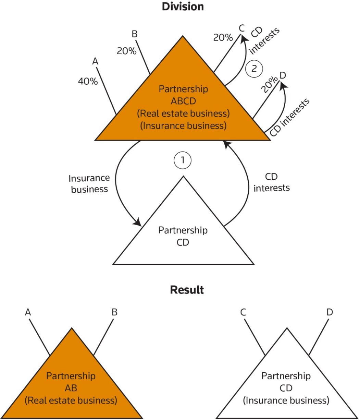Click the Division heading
183,6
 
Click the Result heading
187,290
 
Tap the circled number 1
183,160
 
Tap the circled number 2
253,68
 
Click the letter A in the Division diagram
95,61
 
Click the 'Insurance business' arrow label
89,183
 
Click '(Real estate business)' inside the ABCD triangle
184,113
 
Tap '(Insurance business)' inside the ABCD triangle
183,125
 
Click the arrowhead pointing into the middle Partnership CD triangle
138,223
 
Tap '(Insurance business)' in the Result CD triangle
286,400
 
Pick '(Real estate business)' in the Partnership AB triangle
71,400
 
